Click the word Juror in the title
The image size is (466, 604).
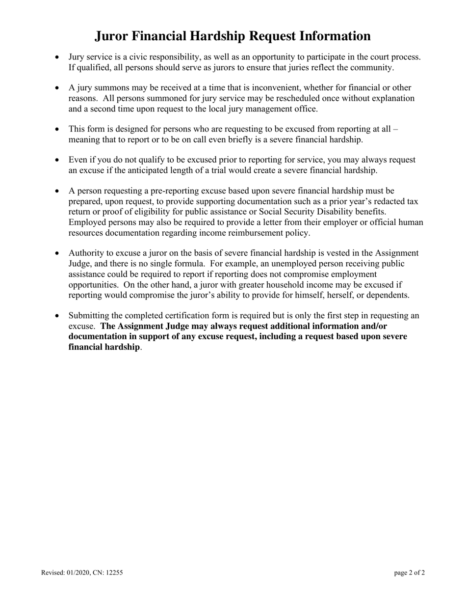[111, 36]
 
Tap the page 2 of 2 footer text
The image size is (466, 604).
[409, 572]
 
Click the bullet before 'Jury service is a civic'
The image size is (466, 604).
[57, 57]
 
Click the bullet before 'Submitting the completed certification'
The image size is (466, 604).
[57, 316]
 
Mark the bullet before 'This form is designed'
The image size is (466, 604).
[57, 129]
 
